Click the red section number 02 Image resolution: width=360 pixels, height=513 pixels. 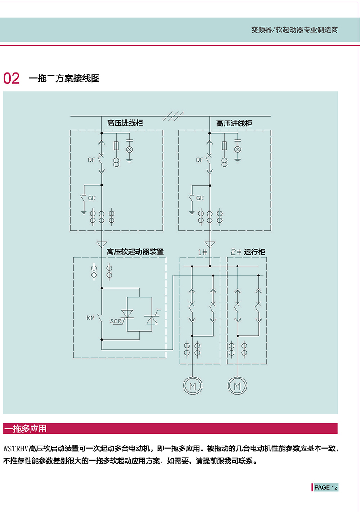(x=11, y=78)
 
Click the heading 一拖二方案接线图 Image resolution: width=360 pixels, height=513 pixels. (x=64, y=78)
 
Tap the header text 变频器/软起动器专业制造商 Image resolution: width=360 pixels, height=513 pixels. (x=295, y=30)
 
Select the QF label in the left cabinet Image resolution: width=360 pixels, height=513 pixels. (x=91, y=160)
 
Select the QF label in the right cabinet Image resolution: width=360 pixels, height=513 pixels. (x=200, y=160)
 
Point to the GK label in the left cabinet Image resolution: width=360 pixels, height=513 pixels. (x=92, y=198)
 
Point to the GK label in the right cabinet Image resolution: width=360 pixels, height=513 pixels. (x=200, y=198)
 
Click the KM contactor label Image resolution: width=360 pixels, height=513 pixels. (x=90, y=318)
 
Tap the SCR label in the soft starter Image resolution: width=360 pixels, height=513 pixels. (x=116, y=321)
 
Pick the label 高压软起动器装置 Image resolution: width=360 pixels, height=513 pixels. (x=135, y=252)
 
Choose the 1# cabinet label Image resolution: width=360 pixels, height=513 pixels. (x=202, y=252)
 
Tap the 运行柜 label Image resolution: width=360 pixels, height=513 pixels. (x=255, y=252)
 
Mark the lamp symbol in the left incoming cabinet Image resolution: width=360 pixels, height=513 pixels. (x=130, y=149)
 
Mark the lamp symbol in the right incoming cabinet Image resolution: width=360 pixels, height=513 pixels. (x=238, y=149)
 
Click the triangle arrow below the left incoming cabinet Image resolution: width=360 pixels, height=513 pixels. (x=102, y=244)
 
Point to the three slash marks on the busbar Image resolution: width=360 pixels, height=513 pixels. (x=173, y=116)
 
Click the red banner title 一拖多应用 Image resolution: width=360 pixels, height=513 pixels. (x=26, y=428)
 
